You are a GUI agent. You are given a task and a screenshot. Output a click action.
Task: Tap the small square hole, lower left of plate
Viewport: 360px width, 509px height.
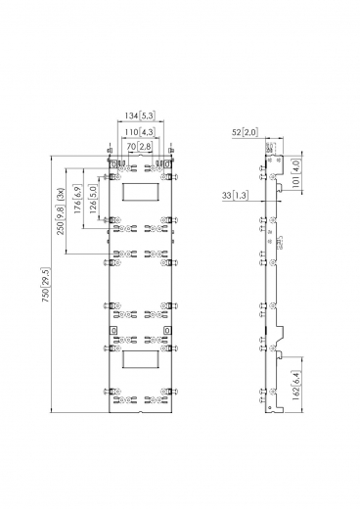(x=115, y=332)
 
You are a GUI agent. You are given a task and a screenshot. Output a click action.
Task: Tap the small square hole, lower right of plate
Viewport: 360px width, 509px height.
(x=168, y=332)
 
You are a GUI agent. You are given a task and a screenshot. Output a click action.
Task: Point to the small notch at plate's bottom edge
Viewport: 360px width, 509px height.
(x=142, y=412)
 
